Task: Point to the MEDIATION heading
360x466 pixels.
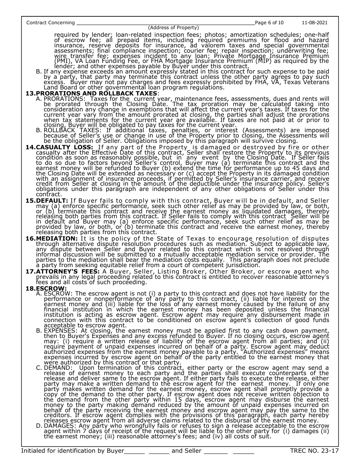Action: pos(56,238)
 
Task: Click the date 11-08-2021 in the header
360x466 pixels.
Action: pos(315,23)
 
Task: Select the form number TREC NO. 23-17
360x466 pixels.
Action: pos(314,451)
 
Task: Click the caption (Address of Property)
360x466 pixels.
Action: pos(173,28)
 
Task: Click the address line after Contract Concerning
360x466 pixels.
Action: pos(166,23)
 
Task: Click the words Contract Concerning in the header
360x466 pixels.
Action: pos(50,23)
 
